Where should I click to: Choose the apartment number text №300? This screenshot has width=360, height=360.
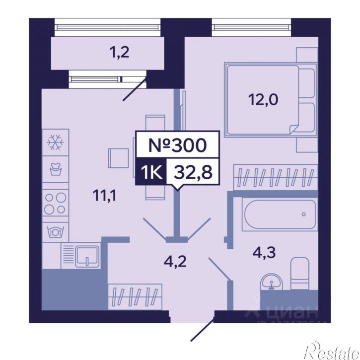[177, 145]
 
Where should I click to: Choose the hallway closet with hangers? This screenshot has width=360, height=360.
[135, 297]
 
